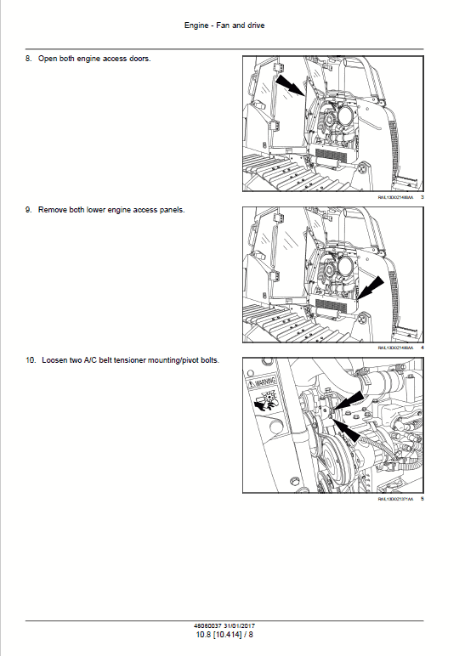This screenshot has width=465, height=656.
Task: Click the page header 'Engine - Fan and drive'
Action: pos(224,25)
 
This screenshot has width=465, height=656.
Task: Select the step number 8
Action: pos(29,59)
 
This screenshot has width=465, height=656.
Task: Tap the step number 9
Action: pos(29,209)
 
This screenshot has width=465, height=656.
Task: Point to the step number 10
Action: pos(31,360)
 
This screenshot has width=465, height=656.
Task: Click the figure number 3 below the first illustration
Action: pos(422,197)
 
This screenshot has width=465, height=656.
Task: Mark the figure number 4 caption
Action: pos(422,348)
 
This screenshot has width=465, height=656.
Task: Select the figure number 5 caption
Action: pos(422,499)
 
